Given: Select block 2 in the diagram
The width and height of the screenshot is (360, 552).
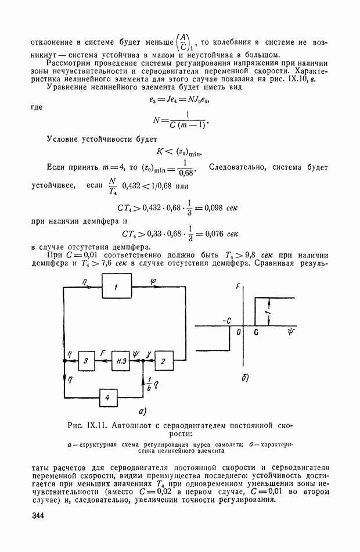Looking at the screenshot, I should click(163, 361).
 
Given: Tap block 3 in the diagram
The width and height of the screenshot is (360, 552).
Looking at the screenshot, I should click(85, 361).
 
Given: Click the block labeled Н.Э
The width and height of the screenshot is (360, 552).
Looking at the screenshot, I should click(121, 361).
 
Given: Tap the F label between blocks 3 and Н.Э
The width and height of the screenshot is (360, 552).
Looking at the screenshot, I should click(103, 353).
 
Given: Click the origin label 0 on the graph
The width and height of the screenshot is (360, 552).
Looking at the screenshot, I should click(239, 332).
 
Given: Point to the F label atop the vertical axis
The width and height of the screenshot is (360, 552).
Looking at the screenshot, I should click(239, 286).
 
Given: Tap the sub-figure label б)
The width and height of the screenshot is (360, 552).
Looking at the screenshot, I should click(244, 378).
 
